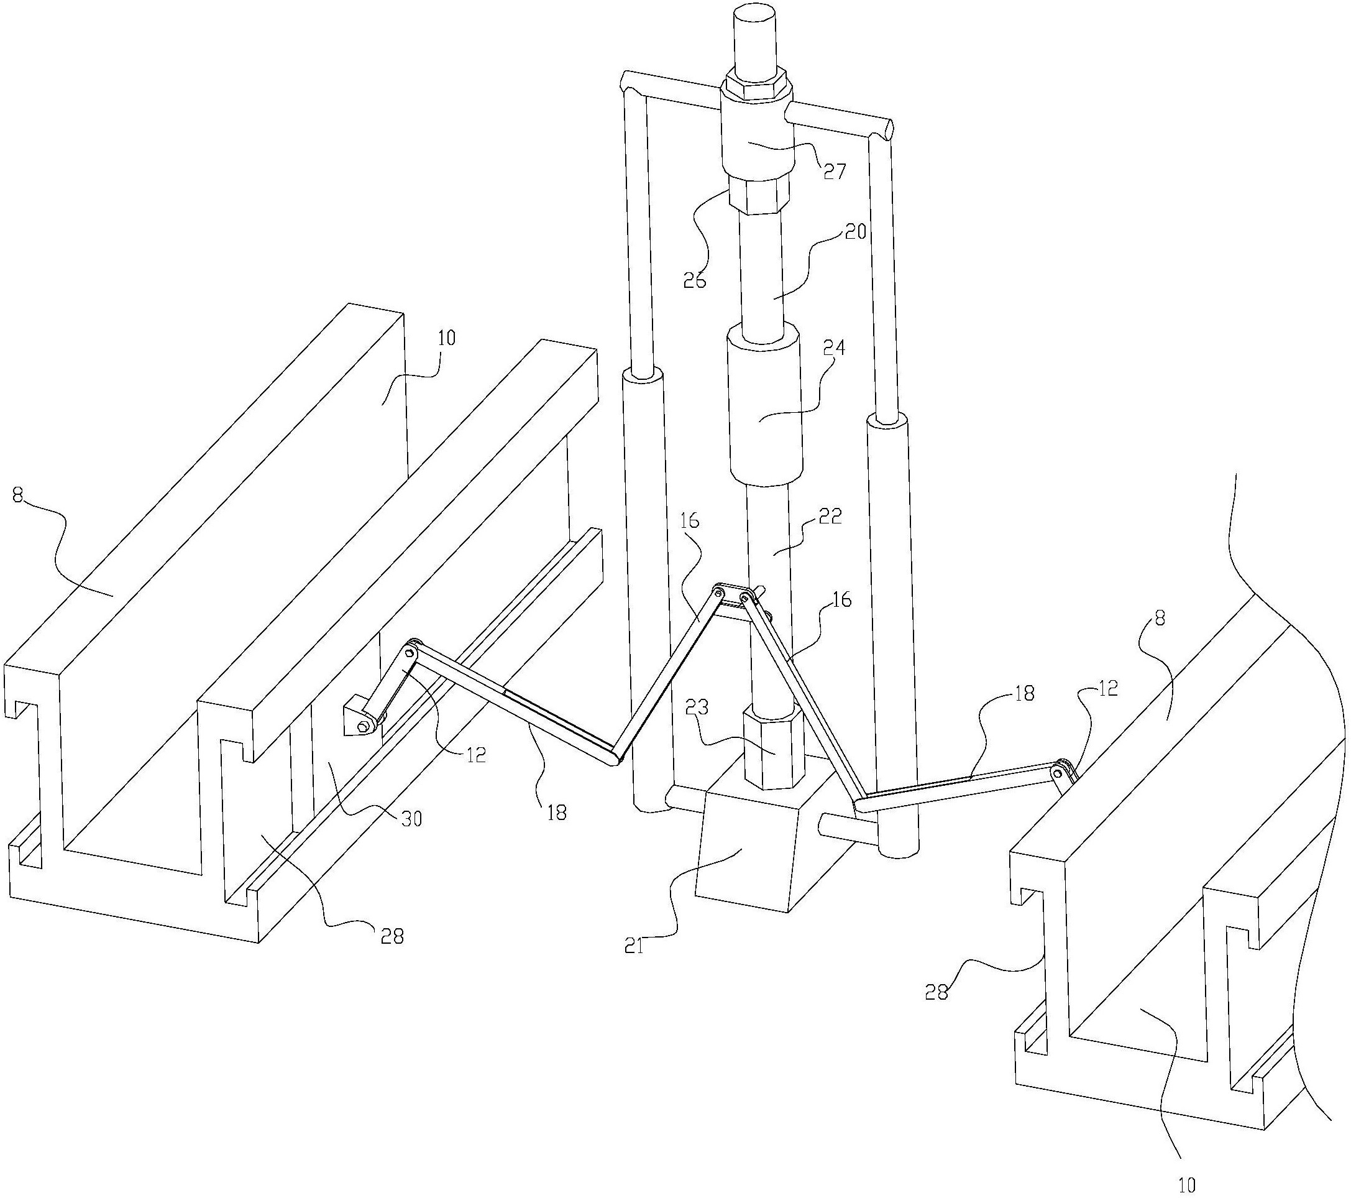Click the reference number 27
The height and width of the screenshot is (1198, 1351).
click(833, 171)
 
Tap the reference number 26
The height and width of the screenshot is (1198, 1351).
click(694, 280)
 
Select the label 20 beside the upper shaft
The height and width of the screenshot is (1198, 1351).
click(854, 233)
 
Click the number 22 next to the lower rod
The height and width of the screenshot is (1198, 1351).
click(830, 517)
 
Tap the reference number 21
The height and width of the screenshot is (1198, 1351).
click(634, 946)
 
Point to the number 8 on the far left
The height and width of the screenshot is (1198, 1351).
click(18, 495)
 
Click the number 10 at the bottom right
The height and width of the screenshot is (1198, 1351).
click(1187, 1186)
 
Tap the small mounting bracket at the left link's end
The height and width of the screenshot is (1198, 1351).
click(361, 718)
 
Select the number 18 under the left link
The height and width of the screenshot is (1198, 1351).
click(557, 812)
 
